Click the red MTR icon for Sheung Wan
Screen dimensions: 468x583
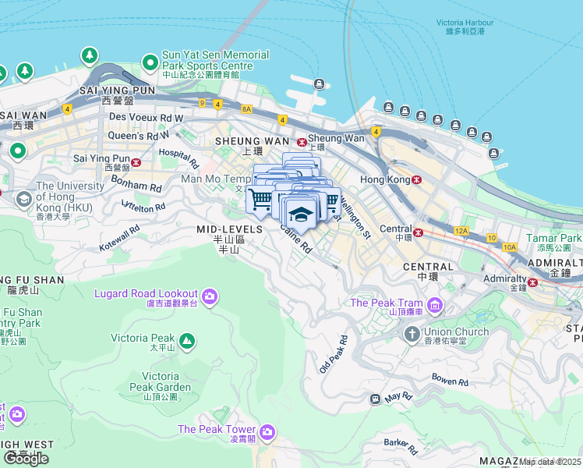tap(302, 140)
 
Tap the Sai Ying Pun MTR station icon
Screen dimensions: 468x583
tap(136, 162)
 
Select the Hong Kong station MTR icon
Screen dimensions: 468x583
tap(417, 179)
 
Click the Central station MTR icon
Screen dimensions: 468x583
tap(419, 232)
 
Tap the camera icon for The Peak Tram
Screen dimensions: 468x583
tap(436, 303)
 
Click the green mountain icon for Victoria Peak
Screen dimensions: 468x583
tap(187, 340)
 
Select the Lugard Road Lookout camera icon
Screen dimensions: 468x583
tap(209, 295)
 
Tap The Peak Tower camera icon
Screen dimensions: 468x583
tap(267, 431)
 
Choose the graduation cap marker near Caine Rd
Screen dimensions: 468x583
tap(298, 213)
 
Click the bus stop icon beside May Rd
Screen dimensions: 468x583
tap(375, 399)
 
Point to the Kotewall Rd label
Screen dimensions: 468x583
tap(119, 239)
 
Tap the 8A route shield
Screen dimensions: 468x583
tap(247, 110)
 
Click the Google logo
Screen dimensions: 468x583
tap(26, 459)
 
